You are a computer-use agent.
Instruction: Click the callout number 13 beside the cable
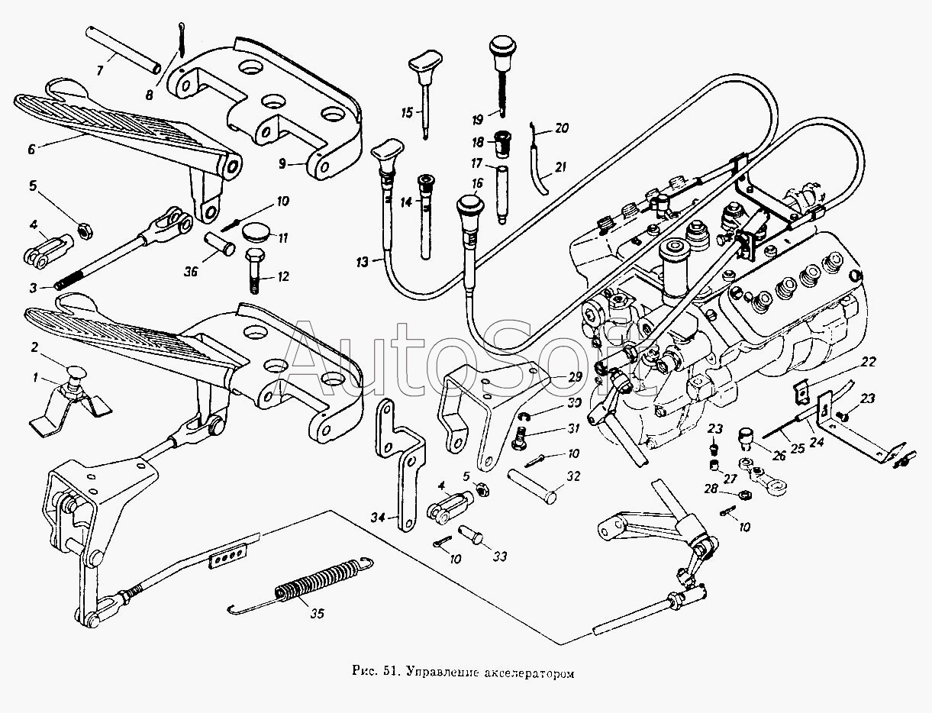363,262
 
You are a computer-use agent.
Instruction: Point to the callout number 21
561,167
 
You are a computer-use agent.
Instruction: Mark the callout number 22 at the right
869,362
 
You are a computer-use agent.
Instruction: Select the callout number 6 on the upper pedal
32,150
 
